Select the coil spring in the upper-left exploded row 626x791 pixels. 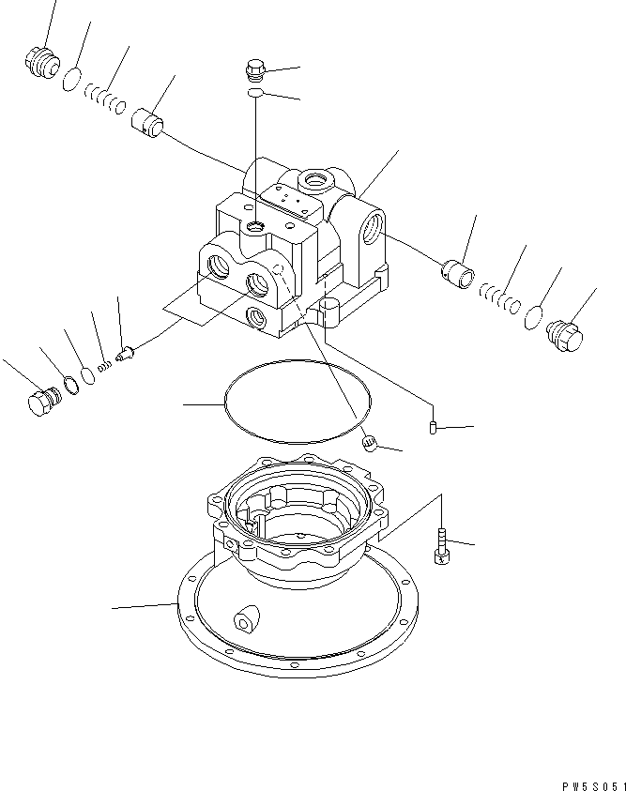point(103,98)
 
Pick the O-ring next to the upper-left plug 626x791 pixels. point(71,81)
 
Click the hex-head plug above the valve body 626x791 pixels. point(255,69)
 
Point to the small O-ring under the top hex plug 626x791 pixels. point(256,94)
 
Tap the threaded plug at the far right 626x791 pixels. point(563,334)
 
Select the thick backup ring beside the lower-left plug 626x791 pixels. point(68,384)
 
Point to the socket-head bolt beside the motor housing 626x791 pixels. point(441,547)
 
